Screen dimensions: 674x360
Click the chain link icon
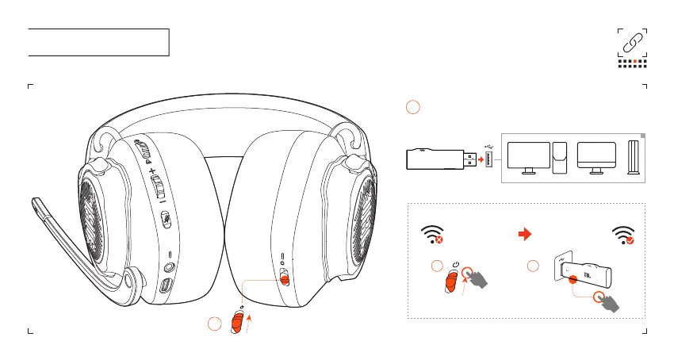click(x=632, y=43)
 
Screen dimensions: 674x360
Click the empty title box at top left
click(x=99, y=42)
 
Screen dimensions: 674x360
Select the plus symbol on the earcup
click(x=151, y=169)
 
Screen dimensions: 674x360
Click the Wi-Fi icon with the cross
click(x=431, y=235)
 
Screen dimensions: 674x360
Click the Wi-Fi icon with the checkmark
click(x=624, y=235)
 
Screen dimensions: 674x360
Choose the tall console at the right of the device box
click(x=632, y=159)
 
